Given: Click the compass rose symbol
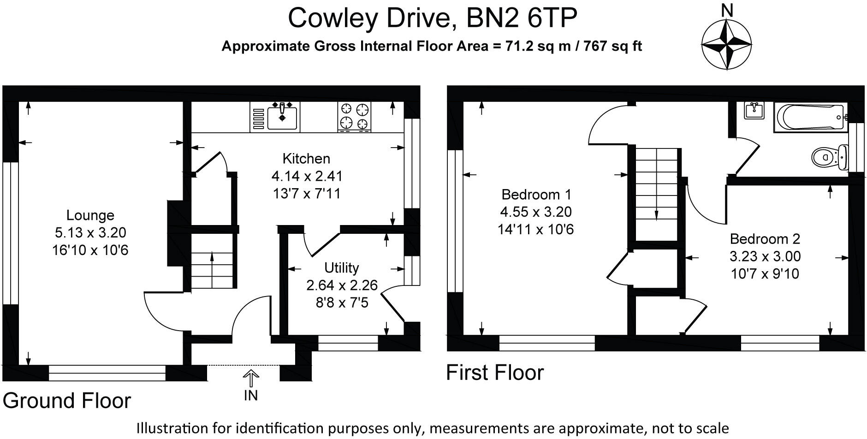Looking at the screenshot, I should [727, 45].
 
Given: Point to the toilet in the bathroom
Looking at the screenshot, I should [829, 157].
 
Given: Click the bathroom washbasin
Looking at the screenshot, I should [754, 111].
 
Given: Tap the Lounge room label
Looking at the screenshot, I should [90, 215].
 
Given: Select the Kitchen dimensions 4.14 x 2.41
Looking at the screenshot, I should [307, 176].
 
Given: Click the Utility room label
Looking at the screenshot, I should [341, 268].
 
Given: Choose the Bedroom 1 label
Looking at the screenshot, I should [536, 194].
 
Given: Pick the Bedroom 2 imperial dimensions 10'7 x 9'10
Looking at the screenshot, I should [765, 274].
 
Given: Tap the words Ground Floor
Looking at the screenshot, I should [67, 401].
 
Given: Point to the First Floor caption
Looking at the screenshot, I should [495, 373].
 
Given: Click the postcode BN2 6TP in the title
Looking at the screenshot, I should [522, 18].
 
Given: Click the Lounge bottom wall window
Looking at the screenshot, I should [107, 373].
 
